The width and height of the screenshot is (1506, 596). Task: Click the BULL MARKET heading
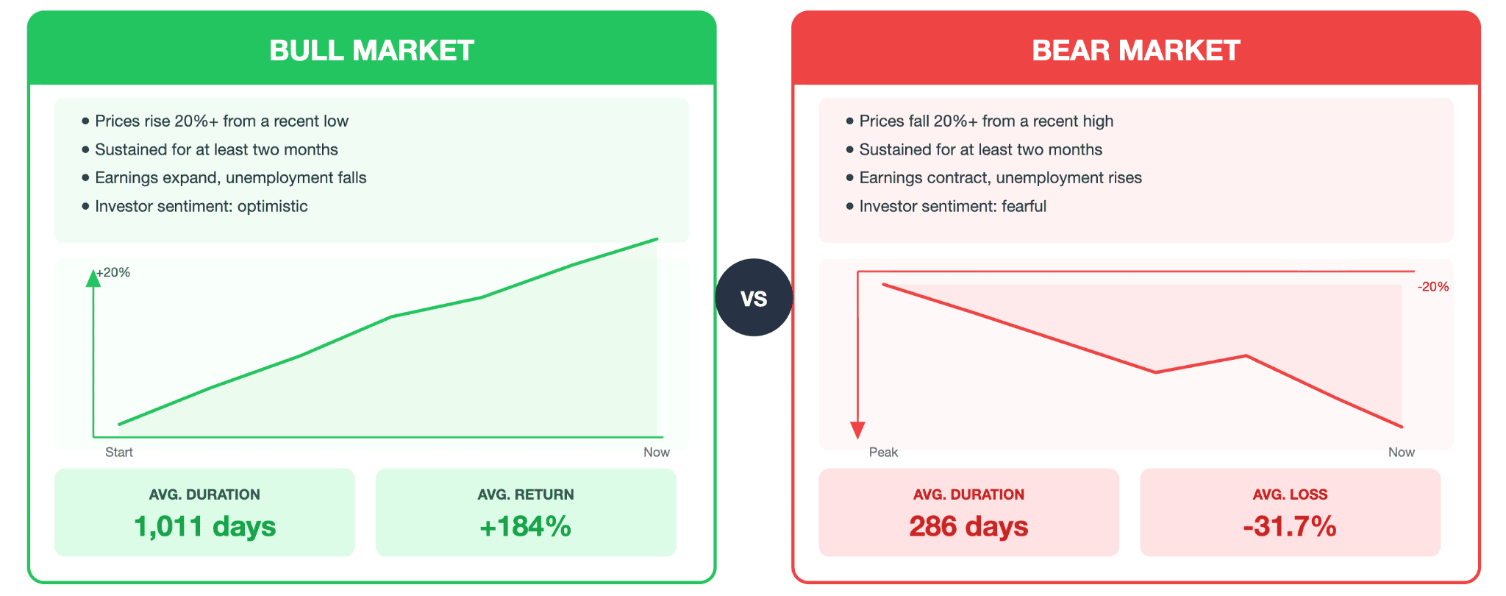371,51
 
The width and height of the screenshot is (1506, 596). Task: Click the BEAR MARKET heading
1135,51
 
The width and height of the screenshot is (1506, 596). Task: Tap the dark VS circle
754,298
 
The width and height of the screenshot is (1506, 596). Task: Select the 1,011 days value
204,527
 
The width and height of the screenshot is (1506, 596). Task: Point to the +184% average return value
525,527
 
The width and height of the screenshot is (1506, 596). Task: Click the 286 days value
968,527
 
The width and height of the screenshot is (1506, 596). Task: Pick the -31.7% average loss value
1289,527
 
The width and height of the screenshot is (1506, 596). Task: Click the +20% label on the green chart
114,273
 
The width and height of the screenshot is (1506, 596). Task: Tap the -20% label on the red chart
1432,287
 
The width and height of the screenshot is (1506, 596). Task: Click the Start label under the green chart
119,453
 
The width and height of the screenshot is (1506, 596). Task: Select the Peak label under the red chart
883,453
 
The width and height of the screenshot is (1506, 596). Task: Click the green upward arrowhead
93,279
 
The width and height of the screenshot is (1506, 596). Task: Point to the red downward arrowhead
857,430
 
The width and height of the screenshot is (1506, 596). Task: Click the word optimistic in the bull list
272,207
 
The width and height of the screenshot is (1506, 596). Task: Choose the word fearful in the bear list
1024,207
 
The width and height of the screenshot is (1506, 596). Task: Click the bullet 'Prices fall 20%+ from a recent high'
985,121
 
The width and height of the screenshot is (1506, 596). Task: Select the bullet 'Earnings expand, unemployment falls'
230,178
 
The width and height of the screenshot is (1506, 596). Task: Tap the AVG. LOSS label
1290,495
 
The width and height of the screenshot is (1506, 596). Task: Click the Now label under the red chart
1401,453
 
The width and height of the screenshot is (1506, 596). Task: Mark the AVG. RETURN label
525,495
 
